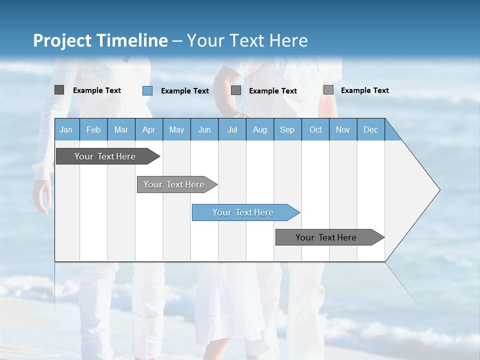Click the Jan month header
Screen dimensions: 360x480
point(66,129)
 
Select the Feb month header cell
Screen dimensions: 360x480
point(93,129)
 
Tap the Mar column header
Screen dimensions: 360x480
point(121,129)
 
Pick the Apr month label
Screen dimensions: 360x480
point(148,129)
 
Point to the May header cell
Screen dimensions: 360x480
point(176,129)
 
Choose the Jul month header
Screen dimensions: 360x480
point(232,129)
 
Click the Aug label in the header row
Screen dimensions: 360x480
point(260,129)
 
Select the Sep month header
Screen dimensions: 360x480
point(287,129)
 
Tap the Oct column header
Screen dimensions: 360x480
point(315,129)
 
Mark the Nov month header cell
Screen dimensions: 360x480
point(343,129)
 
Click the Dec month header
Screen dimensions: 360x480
point(371,129)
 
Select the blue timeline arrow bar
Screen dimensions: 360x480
point(245,212)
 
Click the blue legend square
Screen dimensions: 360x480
point(147,90)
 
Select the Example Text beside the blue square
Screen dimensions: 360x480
point(185,91)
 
